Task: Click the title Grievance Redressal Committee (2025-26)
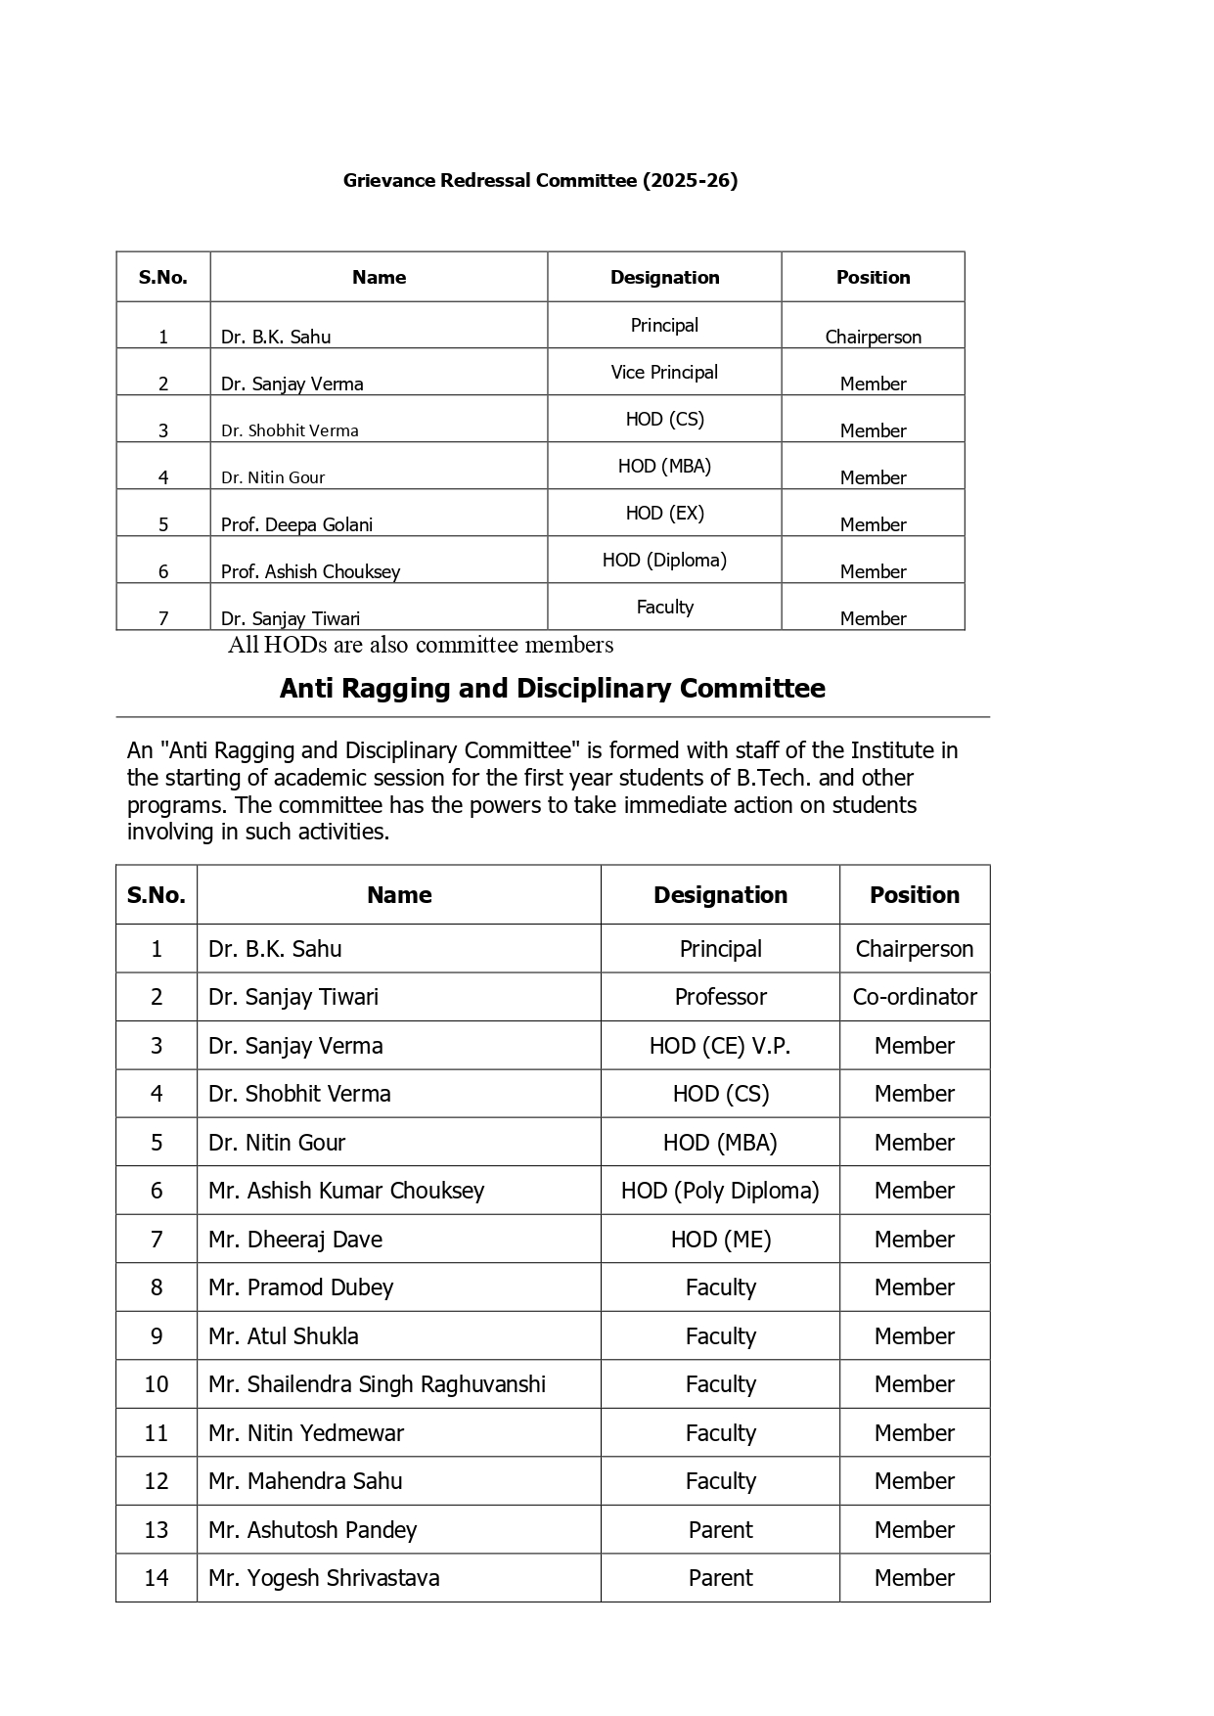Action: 540,180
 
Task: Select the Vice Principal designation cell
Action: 664,372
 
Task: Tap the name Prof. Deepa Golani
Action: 296,524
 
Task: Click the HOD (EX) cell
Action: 664,513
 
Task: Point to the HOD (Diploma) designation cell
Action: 664,560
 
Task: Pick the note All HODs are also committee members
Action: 421,645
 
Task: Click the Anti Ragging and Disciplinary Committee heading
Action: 552,689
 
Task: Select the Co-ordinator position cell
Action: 914,997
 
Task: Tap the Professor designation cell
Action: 720,997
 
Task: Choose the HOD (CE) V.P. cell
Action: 720,1046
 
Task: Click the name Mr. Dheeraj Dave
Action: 294,1240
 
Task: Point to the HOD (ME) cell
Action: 720,1240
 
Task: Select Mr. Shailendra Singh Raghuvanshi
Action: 377,1384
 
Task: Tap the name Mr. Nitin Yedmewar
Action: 305,1433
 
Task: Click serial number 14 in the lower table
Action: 157,1578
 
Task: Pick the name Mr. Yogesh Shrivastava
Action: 324,1578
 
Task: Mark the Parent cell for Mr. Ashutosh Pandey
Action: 720,1530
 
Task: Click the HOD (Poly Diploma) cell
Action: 720,1191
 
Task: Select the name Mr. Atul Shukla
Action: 283,1336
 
